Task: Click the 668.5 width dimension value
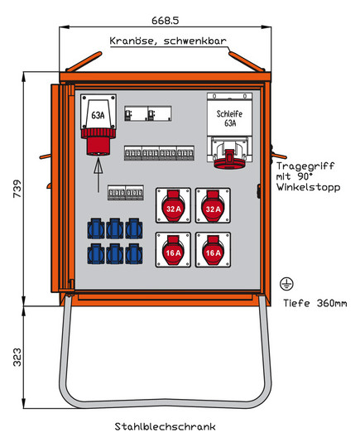coord(165,21)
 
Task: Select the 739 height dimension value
coord(17,189)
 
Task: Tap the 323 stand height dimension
coord(17,357)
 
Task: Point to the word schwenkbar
coord(195,41)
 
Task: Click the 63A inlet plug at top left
coord(98,125)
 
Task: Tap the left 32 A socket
coord(173,205)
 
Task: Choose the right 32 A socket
coord(213,205)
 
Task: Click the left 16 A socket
coord(173,250)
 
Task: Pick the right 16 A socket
coord(213,250)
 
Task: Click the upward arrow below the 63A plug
coord(98,175)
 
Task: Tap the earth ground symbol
coord(286,284)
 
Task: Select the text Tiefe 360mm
coord(315,303)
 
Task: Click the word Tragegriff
coord(305,166)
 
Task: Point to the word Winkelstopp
coord(308,187)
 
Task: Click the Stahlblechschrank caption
coord(165,426)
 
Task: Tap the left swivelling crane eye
coord(84,61)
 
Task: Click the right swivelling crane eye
coord(247,61)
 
